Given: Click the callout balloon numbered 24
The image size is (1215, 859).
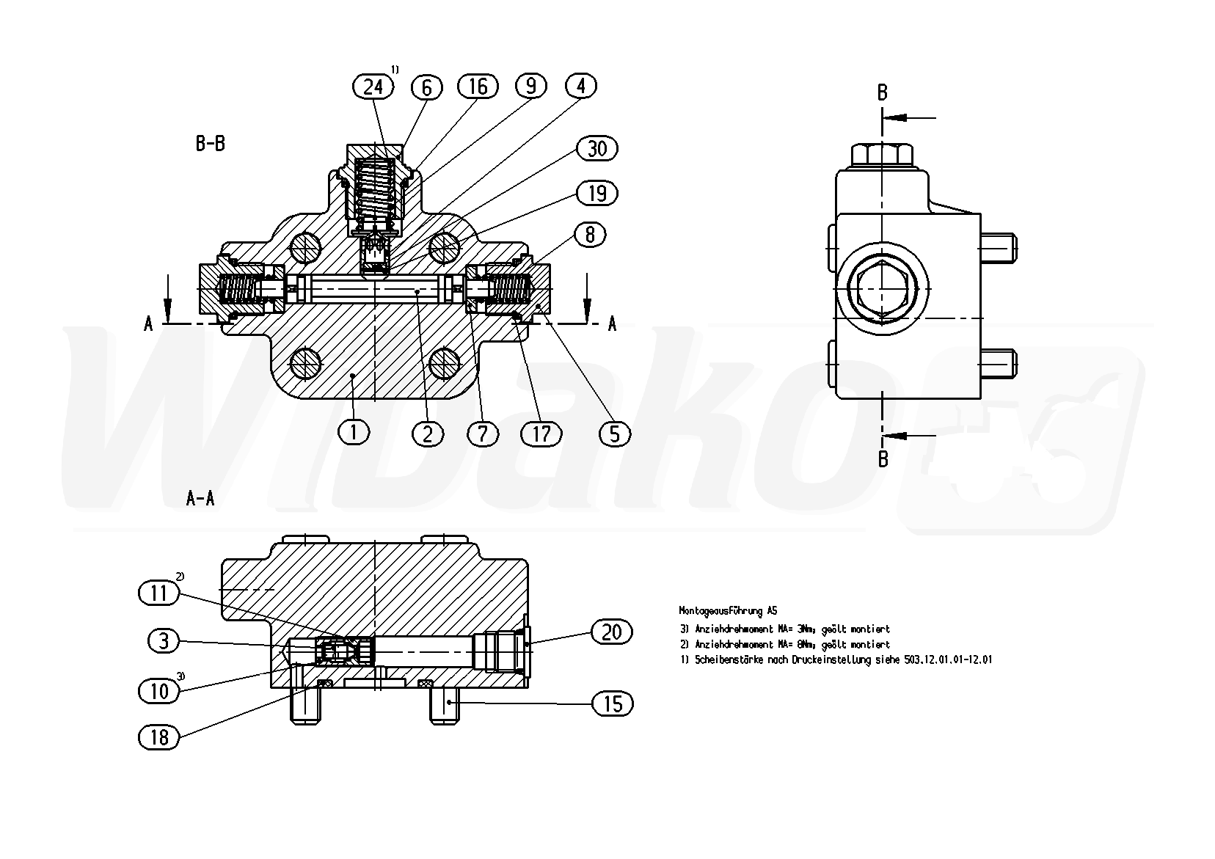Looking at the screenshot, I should pyautogui.click(x=373, y=87).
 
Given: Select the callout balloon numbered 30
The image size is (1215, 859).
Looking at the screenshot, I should pyautogui.click(x=597, y=148).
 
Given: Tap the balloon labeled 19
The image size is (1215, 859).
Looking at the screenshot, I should pyautogui.click(x=597, y=193).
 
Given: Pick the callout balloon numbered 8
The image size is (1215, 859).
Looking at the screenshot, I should pyautogui.click(x=590, y=234).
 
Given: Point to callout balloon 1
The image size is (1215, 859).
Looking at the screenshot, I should pyautogui.click(x=354, y=432).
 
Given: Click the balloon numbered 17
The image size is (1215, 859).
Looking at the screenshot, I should pyautogui.click(x=541, y=434).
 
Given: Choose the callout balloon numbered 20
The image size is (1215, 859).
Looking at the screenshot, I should pyautogui.click(x=611, y=632).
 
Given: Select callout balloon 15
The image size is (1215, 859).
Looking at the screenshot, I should pyautogui.click(x=612, y=703).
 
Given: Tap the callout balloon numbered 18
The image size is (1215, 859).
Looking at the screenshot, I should pyautogui.click(x=159, y=737).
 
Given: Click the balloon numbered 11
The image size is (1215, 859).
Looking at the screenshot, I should pyautogui.click(x=159, y=593).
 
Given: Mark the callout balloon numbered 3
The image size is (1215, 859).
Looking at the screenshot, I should pyautogui.click(x=164, y=641).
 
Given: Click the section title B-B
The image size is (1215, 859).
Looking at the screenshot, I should pyautogui.click(x=210, y=144).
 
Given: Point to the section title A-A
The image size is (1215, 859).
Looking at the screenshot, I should pyautogui.click(x=200, y=499).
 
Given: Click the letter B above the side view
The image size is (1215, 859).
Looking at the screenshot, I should pyautogui.click(x=883, y=93).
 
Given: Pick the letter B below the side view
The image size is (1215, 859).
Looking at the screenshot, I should pyautogui.click(x=883, y=459).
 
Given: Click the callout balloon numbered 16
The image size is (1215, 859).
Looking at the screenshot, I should pyautogui.click(x=478, y=87).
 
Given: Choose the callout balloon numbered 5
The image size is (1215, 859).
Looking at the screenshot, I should pyautogui.click(x=614, y=434).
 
